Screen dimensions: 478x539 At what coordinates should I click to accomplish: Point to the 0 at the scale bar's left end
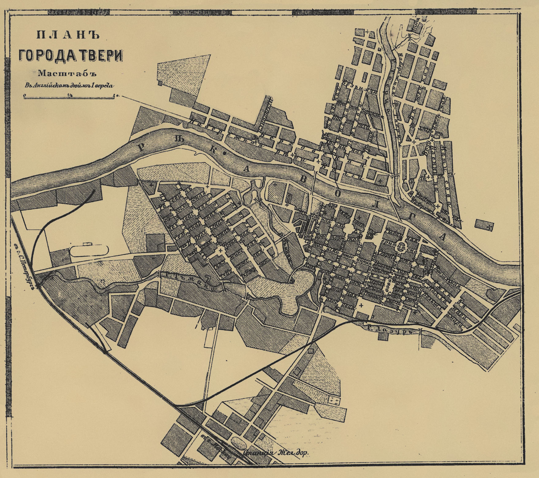[24, 96]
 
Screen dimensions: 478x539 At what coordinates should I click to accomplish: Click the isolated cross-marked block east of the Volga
[484, 225]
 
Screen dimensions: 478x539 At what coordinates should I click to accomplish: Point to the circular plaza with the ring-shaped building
[401, 246]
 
